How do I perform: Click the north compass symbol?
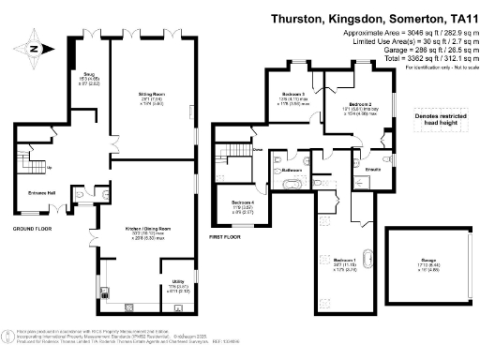(34, 50)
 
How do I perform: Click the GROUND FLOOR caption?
(31, 228)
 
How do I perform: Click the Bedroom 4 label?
(242, 202)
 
